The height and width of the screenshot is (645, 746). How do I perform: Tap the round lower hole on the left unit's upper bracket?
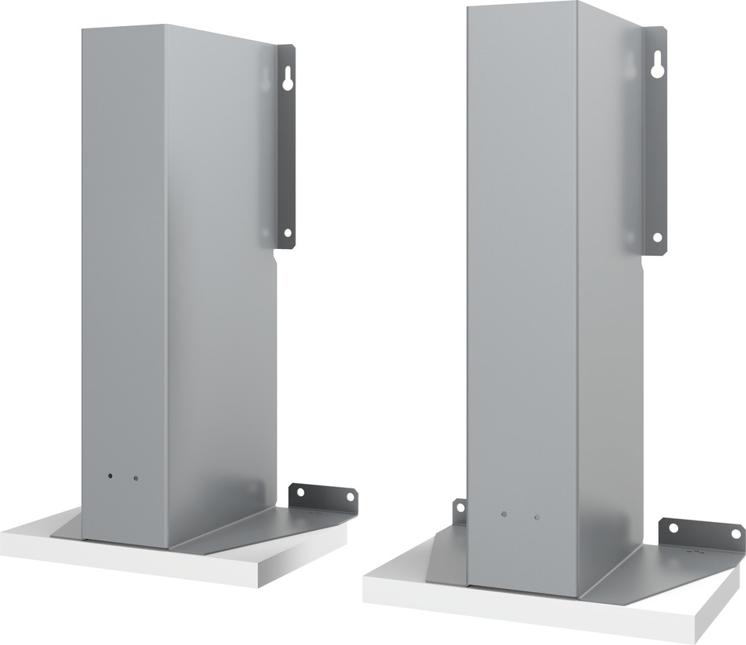[287, 233]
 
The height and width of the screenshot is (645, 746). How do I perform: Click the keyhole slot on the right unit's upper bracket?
[656, 66]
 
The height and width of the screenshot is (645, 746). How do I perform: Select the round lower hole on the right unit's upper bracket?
[657, 236]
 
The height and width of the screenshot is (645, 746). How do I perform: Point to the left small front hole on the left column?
[110, 475]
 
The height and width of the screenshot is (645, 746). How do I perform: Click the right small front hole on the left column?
[136, 477]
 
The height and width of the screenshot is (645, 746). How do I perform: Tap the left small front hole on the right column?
[504, 515]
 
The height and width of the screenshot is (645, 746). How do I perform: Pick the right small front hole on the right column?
[536, 517]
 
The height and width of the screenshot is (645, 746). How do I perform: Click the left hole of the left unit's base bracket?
[301, 492]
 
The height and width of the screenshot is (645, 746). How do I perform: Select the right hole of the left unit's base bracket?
[346, 496]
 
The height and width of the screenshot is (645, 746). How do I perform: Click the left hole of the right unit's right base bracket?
[674, 528]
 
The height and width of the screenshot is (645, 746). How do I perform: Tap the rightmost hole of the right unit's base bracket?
[736, 535]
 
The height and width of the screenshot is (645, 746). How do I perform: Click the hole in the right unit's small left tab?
[460, 508]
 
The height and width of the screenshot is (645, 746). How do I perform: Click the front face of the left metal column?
[123, 283]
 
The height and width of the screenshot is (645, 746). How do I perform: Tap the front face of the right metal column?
[522, 298]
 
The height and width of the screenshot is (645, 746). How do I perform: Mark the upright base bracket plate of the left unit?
[323, 499]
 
